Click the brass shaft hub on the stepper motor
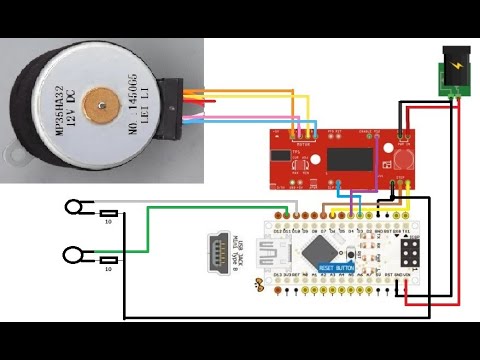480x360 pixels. tap(100, 105)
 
